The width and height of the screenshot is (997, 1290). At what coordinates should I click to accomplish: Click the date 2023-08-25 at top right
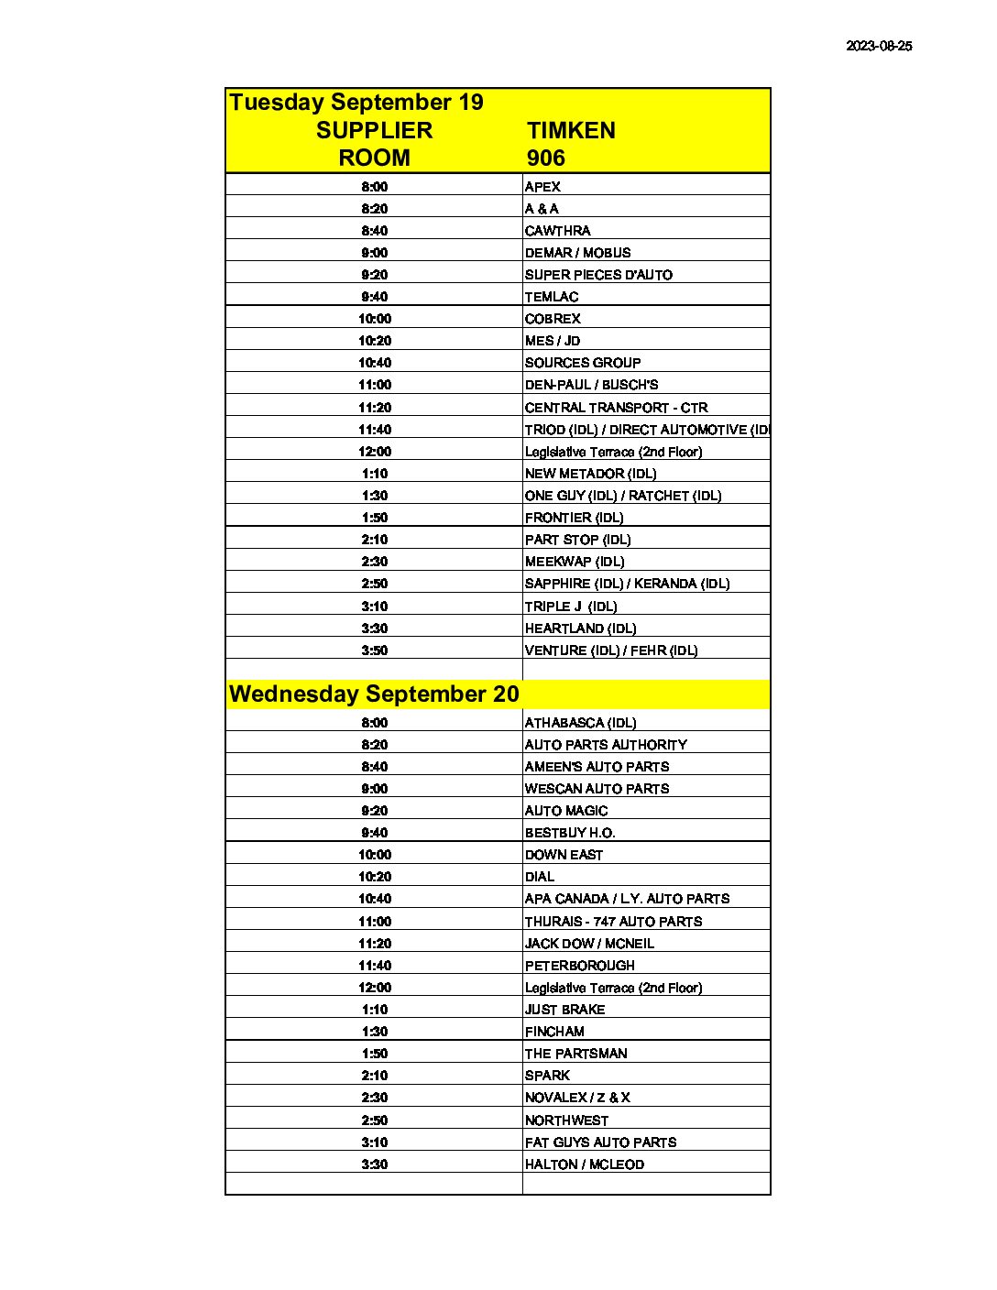tap(878, 46)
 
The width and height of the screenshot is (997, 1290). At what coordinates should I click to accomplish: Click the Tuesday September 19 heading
tap(356, 102)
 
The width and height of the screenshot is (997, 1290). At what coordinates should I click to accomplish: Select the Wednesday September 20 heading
tap(374, 694)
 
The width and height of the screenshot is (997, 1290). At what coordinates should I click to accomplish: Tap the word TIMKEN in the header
tap(571, 130)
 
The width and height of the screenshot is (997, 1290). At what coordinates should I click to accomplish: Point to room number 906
tap(545, 158)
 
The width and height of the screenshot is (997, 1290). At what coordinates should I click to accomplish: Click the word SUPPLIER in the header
tap(374, 130)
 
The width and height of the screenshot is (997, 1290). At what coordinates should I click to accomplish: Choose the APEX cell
tap(542, 187)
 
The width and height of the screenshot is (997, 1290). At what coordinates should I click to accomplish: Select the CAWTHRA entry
tap(557, 231)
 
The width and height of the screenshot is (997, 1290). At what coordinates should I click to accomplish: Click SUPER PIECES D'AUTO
tap(598, 275)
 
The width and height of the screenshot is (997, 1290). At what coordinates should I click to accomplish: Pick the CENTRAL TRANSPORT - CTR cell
tap(616, 408)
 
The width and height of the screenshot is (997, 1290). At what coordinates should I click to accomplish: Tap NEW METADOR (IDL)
tap(590, 474)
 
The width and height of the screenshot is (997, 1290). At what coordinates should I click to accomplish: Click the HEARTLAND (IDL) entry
tap(580, 629)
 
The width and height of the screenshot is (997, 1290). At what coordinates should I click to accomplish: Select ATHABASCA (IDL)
tap(580, 723)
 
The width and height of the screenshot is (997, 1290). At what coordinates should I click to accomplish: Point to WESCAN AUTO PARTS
tap(597, 789)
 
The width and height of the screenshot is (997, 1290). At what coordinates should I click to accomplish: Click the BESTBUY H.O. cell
tap(569, 833)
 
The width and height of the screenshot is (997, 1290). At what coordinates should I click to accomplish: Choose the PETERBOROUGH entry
tap(579, 966)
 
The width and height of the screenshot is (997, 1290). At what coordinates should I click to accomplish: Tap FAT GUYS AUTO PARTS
tap(600, 1142)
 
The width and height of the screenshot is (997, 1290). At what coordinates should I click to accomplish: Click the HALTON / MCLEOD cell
tap(584, 1164)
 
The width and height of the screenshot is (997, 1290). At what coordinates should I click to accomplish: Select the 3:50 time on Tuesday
tap(374, 650)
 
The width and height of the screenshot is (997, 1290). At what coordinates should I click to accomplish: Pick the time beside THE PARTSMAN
tap(374, 1054)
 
